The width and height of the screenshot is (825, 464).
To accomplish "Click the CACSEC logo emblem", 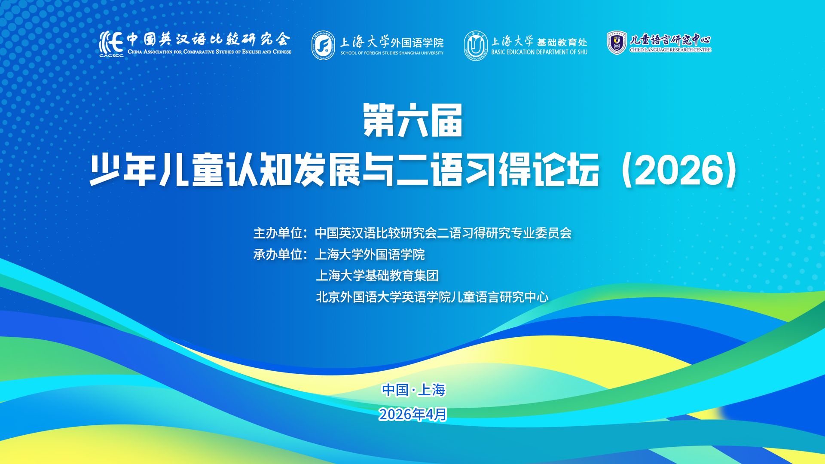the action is pyautogui.click(x=111, y=44).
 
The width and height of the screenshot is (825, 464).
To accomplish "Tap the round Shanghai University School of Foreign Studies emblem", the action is pyautogui.click(x=324, y=46).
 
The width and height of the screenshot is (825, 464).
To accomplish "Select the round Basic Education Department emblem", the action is pyautogui.click(x=476, y=46).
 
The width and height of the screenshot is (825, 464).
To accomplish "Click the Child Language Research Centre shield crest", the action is pyautogui.click(x=617, y=43).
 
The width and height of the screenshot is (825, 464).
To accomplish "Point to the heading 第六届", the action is pyautogui.click(x=412, y=120).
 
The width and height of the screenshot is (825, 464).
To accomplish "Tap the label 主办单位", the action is pyautogui.click(x=278, y=233).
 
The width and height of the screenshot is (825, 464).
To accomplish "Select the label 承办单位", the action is pyautogui.click(x=278, y=254).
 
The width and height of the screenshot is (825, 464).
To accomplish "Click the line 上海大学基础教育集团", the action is pyautogui.click(x=377, y=275).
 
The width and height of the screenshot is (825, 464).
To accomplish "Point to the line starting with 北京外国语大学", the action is pyautogui.click(x=432, y=297).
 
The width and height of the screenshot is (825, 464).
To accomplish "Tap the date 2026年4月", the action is pyautogui.click(x=413, y=415).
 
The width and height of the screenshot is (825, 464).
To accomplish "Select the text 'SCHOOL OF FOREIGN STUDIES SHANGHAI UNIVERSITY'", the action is pyautogui.click(x=392, y=53).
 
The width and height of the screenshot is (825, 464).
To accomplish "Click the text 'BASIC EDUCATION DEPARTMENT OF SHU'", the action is pyautogui.click(x=539, y=52).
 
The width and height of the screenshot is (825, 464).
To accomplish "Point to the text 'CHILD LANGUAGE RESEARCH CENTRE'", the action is pyautogui.click(x=670, y=50).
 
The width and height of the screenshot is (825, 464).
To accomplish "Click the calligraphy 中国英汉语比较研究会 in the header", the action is pyautogui.click(x=209, y=40).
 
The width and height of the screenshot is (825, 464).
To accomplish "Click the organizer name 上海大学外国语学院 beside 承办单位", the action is pyautogui.click(x=370, y=254).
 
